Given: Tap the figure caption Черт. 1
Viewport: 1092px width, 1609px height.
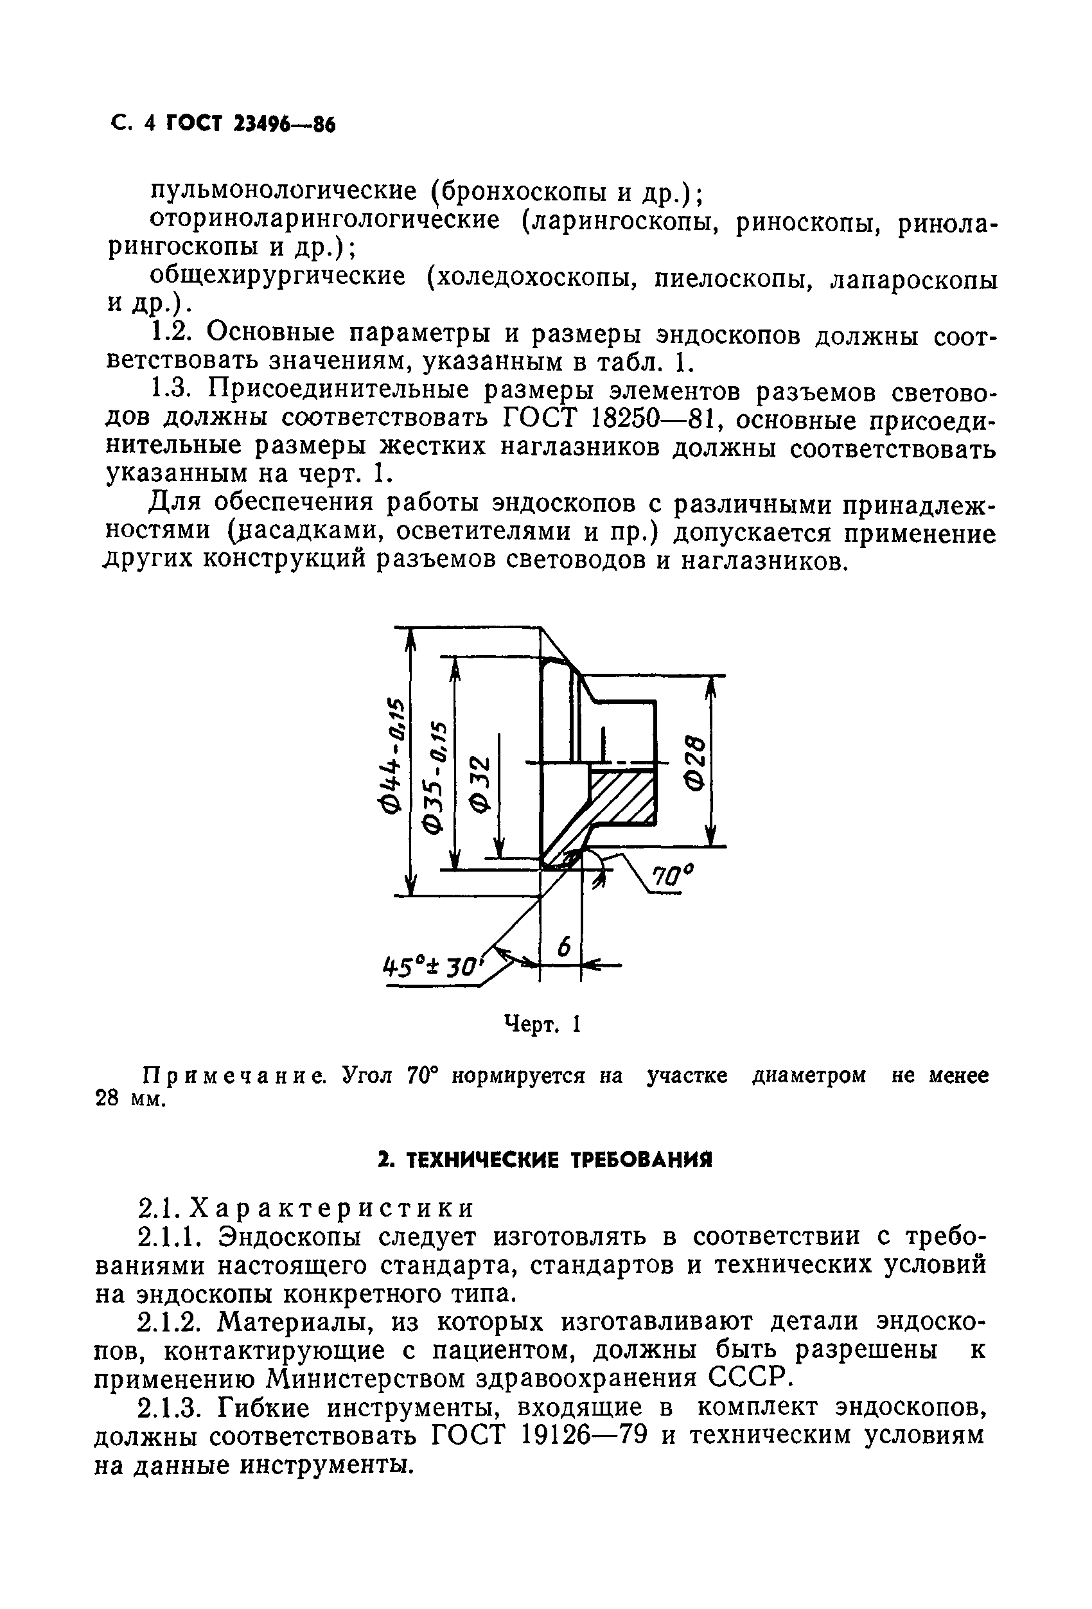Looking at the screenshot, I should point(543,1024).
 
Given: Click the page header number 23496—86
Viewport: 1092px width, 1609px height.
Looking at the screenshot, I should point(285,125).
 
